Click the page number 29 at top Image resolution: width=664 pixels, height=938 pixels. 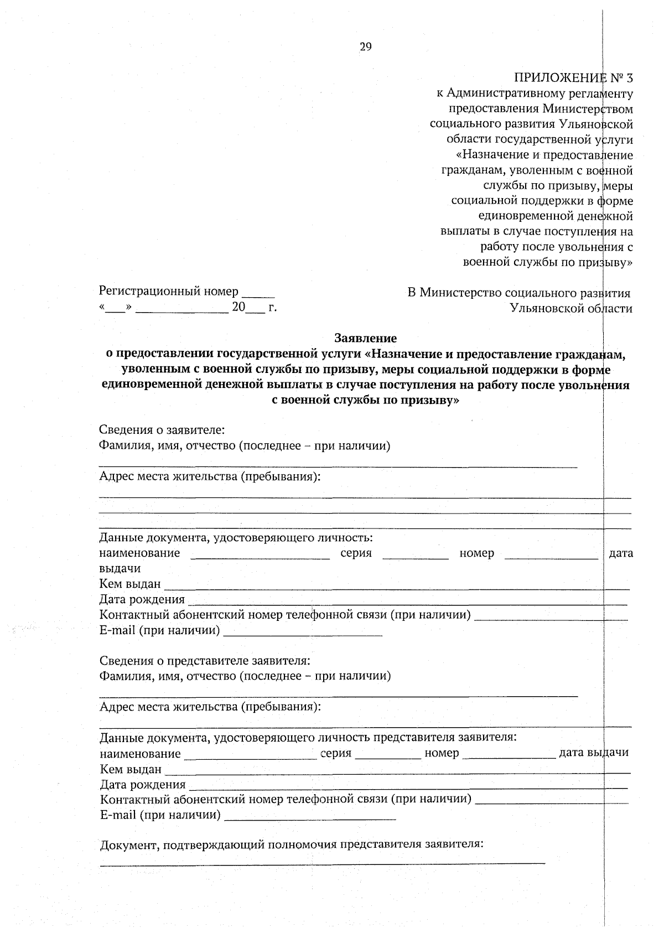pyautogui.click(x=366, y=47)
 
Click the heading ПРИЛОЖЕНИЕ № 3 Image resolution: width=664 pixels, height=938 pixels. pyautogui.click(x=573, y=77)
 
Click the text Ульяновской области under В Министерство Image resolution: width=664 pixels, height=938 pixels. pyautogui.click(x=570, y=309)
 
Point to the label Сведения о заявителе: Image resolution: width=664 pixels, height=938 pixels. pyautogui.click(x=162, y=430)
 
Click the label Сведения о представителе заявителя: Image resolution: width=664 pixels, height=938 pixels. pyautogui.click(x=205, y=661)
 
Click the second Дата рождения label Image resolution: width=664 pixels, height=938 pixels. pyautogui.click(x=143, y=784)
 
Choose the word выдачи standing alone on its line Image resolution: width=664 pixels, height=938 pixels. pyautogui.click(x=120, y=568)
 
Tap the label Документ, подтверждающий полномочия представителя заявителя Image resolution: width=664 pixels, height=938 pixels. pyautogui.click(x=292, y=844)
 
